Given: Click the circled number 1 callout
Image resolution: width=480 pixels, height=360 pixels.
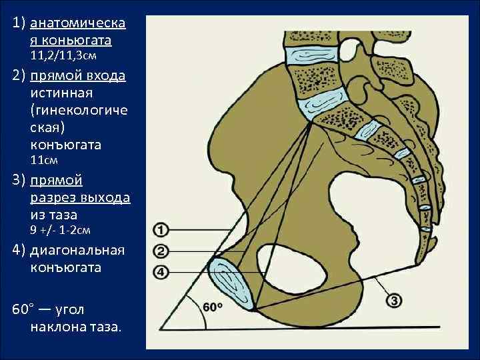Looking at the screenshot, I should [161, 230].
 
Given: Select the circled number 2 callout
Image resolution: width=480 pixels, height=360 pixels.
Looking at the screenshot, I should [161, 251].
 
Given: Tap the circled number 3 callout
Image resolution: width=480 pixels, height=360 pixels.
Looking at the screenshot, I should [393, 301].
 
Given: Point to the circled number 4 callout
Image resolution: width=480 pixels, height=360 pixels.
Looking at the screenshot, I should [161, 271].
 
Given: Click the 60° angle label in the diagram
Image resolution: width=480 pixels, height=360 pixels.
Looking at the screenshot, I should [213, 307].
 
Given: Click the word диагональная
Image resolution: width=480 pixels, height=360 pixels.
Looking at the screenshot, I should [77, 251].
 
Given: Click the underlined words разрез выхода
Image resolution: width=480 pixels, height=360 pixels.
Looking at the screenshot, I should [80, 197].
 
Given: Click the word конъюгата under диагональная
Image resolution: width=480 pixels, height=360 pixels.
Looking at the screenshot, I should [65, 267].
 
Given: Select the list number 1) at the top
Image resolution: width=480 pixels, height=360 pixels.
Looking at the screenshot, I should [19, 23].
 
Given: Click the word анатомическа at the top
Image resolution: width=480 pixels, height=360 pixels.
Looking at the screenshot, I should [78, 23].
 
